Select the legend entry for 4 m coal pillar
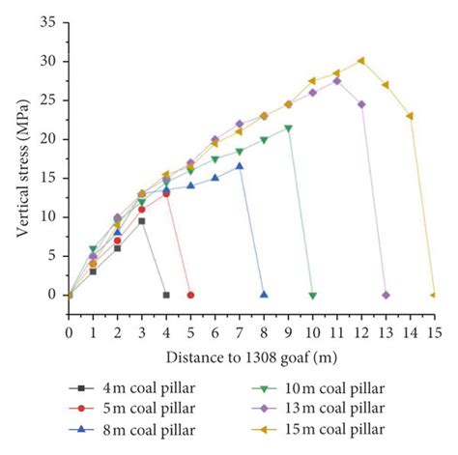[x=127, y=386]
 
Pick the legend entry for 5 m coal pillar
[x=127, y=408]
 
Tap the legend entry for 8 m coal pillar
[x=127, y=429]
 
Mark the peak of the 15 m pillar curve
[x=361, y=60]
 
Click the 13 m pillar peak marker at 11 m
[x=337, y=80]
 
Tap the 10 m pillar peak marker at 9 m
[x=288, y=128]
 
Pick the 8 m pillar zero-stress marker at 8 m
[x=264, y=294]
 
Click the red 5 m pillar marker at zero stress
[x=190, y=295]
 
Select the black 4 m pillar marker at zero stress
[x=166, y=295]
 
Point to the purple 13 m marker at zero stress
[x=386, y=295]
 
